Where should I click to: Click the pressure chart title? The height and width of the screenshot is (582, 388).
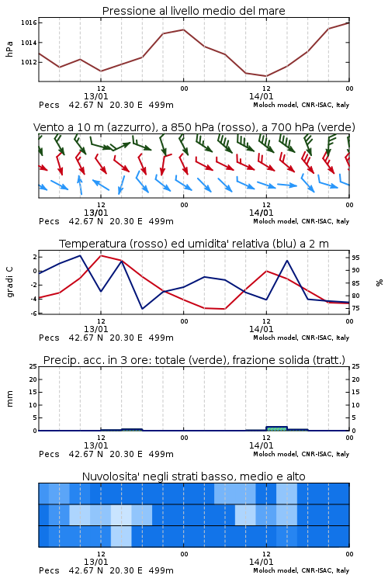(193, 11)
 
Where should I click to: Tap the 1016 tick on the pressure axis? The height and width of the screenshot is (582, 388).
(29, 23)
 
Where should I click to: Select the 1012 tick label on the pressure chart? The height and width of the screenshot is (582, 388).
(29, 62)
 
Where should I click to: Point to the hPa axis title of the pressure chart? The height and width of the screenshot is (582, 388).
(9, 49)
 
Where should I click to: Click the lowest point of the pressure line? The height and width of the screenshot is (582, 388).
(266, 76)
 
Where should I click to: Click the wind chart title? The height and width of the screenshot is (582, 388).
(194, 127)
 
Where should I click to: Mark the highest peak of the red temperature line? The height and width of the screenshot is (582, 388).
(101, 255)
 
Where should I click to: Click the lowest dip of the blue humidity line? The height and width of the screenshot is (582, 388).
(142, 309)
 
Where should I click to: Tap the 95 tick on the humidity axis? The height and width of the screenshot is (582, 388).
(355, 258)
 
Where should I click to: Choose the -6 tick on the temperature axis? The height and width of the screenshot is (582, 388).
(33, 314)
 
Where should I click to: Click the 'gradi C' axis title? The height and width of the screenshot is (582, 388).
(10, 282)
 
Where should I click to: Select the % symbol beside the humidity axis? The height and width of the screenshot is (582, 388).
(379, 282)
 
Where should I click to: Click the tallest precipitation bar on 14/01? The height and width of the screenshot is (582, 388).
(276, 428)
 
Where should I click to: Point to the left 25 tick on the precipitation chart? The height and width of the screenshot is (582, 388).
(33, 366)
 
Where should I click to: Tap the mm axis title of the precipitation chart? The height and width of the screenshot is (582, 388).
(10, 399)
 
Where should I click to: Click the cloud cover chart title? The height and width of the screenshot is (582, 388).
(193, 476)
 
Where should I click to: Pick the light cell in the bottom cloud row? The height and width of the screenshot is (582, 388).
(121, 536)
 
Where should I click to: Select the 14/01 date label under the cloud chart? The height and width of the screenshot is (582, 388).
(261, 562)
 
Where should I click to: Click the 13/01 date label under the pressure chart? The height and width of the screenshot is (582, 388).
(95, 96)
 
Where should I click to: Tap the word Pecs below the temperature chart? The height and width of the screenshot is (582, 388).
(49, 338)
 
